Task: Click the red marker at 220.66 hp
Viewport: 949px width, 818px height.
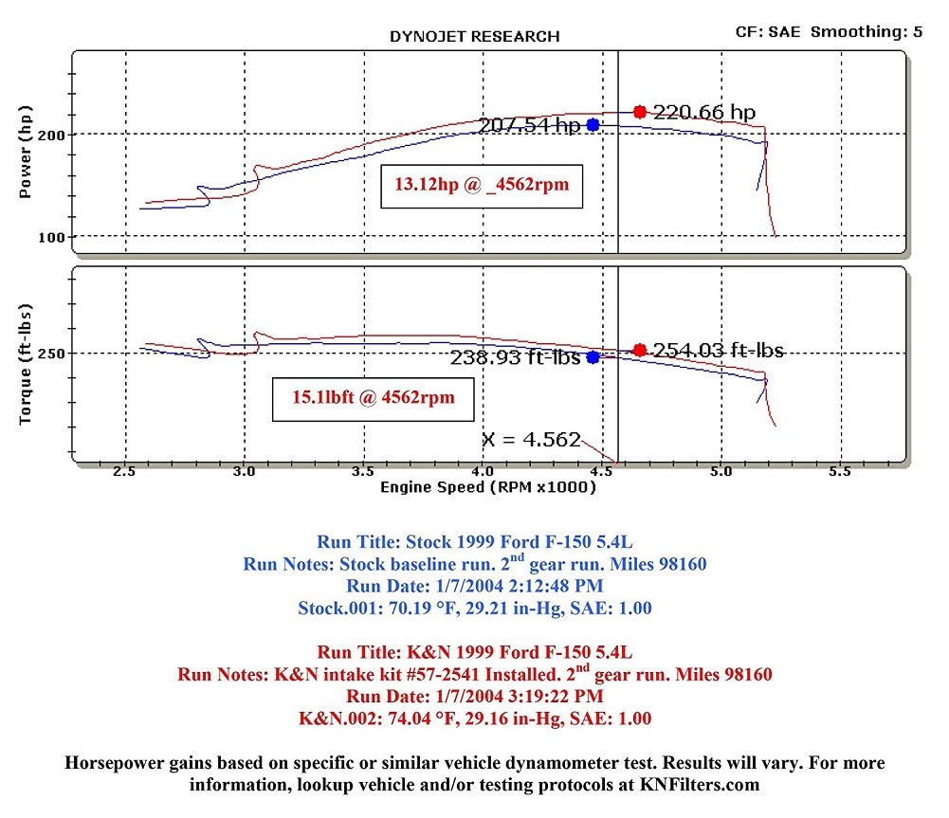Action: pyautogui.click(x=640, y=112)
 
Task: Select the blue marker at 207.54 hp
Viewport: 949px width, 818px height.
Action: pyautogui.click(x=593, y=124)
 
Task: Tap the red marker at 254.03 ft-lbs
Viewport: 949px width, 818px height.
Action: pyautogui.click(x=640, y=350)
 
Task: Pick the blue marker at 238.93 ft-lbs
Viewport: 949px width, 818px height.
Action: pyautogui.click(x=593, y=357)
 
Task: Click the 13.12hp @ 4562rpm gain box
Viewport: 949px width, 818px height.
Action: pyautogui.click(x=482, y=185)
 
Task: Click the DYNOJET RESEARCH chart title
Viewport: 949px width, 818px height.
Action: pyautogui.click(x=474, y=37)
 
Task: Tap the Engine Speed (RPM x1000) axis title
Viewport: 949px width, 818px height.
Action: pyautogui.click(x=488, y=487)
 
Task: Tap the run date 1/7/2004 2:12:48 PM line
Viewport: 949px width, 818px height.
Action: pyautogui.click(x=474, y=586)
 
